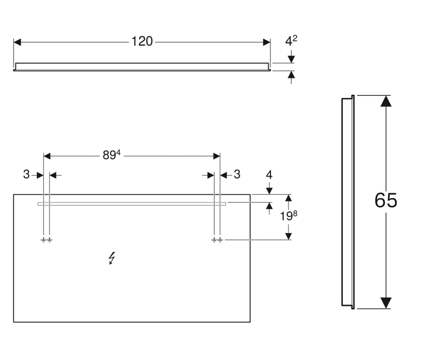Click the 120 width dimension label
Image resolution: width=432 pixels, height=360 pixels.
point(142,41)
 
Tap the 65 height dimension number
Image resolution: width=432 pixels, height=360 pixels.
point(386,200)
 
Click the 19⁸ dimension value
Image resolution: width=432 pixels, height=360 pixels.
point(288,216)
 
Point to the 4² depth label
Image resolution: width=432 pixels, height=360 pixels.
point(291,41)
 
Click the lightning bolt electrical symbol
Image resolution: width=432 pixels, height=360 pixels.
point(112,258)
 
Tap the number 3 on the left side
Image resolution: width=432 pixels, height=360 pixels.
point(26,174)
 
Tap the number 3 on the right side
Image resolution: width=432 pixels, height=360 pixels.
point(237,174)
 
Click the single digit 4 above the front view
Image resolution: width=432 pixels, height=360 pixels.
point(269,175)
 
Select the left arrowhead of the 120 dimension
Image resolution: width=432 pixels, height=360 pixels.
point(17,42)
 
